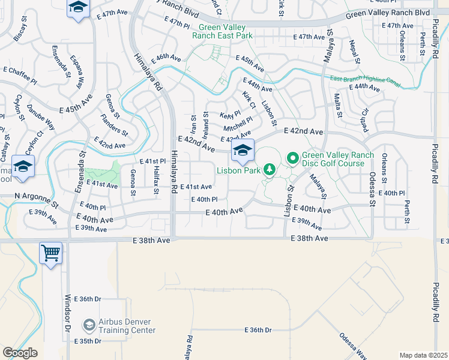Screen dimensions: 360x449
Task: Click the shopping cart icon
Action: (x=51, y=252)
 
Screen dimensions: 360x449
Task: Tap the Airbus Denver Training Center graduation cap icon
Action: (x=89, y=325)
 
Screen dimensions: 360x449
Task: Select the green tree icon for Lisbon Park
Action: (x=270, y=170)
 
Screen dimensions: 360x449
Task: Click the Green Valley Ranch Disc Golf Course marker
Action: (x=293, y=158)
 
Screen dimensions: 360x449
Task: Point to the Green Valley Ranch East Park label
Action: (x=222, y=31)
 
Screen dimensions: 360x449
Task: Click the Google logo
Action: (x=20, y=353)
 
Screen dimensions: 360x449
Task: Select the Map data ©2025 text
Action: (x=423, y=355)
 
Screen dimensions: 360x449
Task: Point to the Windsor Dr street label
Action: (x=67, y=313)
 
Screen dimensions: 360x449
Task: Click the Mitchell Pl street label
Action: (x=238, y=125)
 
